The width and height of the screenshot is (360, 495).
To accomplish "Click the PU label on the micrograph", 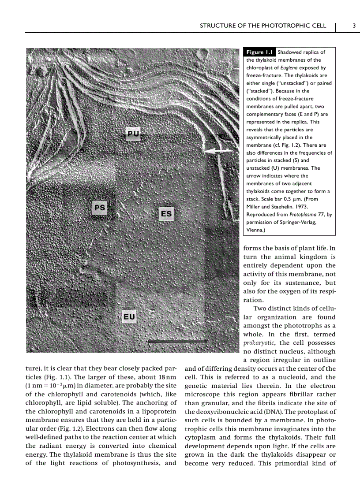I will (133, 134).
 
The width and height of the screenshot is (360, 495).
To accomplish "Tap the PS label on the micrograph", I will (100, 207).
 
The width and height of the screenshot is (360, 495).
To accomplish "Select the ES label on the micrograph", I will (166, 214).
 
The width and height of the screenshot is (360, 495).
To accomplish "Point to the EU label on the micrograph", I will (129, 316).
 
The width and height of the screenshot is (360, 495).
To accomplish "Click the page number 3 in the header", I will (354, 26).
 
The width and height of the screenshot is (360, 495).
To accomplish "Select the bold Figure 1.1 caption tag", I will (260, 52).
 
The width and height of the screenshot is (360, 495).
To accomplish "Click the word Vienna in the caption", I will (255, 230).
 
